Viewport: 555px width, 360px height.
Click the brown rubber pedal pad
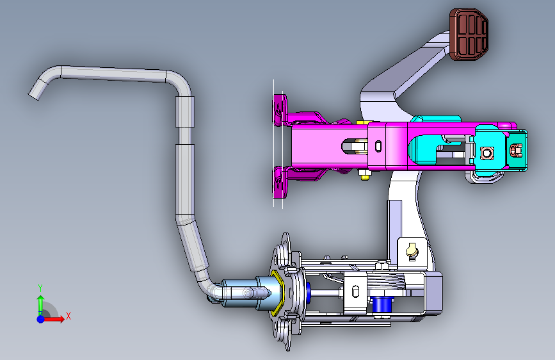(x=469, y=34)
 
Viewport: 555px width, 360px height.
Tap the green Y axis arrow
(x=41, y=304)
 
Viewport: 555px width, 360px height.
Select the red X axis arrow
(x=53, y=319)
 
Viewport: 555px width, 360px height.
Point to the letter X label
(x=68, y=316)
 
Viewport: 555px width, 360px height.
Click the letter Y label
(x=40, y=288)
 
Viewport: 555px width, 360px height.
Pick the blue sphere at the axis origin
(x=41, y=319)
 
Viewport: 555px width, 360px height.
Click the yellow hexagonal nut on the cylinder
(x=277, y=293)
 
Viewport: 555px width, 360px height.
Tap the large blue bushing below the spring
(x=382, y=304)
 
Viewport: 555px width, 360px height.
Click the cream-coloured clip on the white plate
(x=412, y=250)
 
